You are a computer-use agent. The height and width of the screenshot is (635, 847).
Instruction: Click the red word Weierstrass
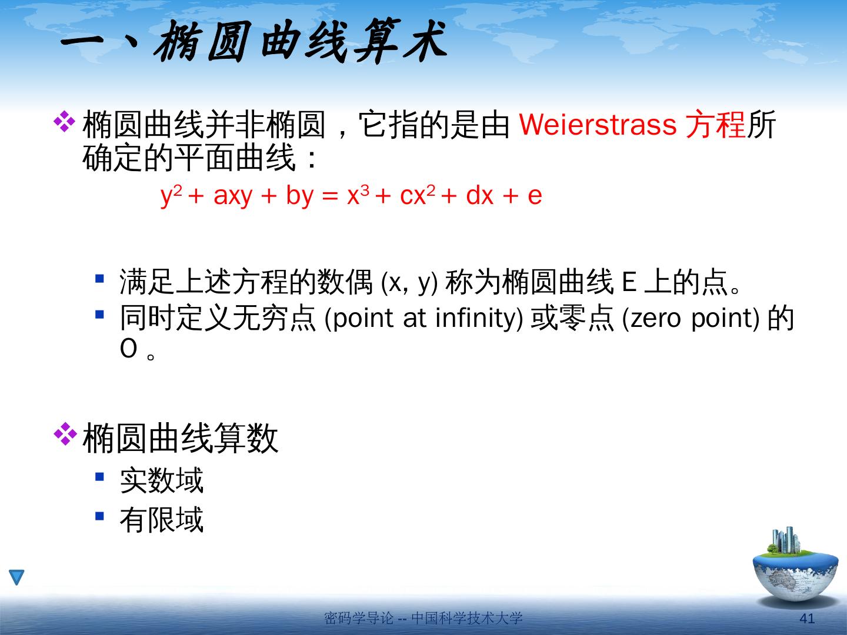[598, 125]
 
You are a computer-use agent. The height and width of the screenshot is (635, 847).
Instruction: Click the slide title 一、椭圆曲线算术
[254, 41]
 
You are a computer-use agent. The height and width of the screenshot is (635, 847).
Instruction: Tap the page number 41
[807, 618]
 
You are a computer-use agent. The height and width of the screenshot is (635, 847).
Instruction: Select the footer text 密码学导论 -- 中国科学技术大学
[423, 617]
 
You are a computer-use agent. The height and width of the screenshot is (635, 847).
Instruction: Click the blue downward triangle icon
[16, 577]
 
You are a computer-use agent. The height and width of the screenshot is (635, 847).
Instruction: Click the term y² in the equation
[171, 195]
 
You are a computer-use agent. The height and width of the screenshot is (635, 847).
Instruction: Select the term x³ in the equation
[358, 195]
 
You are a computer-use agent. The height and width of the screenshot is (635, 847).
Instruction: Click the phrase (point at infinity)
[423, 319]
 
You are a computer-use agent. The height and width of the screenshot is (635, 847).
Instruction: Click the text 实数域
[162, 480]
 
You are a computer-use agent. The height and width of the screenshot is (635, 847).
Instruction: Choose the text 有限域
[162, 519]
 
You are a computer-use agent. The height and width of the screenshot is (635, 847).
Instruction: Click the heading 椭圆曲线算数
[180, 438]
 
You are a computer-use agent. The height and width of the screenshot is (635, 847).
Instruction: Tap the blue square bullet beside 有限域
[99, 516]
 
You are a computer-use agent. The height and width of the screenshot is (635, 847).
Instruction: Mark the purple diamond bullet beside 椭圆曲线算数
[65, 434]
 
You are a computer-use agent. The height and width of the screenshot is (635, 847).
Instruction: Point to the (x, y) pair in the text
[409, 283]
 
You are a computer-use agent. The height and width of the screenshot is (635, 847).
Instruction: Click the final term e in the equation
[535, 196]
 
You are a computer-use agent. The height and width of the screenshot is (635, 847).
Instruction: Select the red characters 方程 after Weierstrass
[715, 125]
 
